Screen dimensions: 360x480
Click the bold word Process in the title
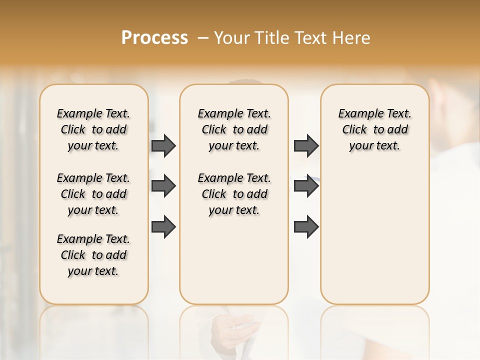[x=154, y=38]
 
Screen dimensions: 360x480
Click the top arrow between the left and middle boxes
[x=163, y=145]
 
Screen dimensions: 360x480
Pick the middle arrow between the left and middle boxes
[x=163, y=186]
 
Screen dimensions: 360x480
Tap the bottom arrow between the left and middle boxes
[x=163, y=227]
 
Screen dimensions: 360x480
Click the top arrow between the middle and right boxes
[x=306, y=145]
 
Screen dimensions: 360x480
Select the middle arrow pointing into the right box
[x=306, y=186]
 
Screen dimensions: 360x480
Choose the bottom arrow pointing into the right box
[x=306, y=227]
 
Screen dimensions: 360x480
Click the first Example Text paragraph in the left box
[x=93, y=129]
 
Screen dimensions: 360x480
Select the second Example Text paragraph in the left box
[x=93, y=194]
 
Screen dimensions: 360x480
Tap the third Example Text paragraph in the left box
[x=93, y=255]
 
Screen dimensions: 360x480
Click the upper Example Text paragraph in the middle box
[x=234, y=129]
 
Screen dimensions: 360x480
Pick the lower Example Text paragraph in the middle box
[x=234, y=194]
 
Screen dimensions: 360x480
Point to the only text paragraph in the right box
[x=374, y=129]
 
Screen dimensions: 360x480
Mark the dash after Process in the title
[x=203, y=38]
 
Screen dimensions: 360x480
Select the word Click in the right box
[x=354, y=130]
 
